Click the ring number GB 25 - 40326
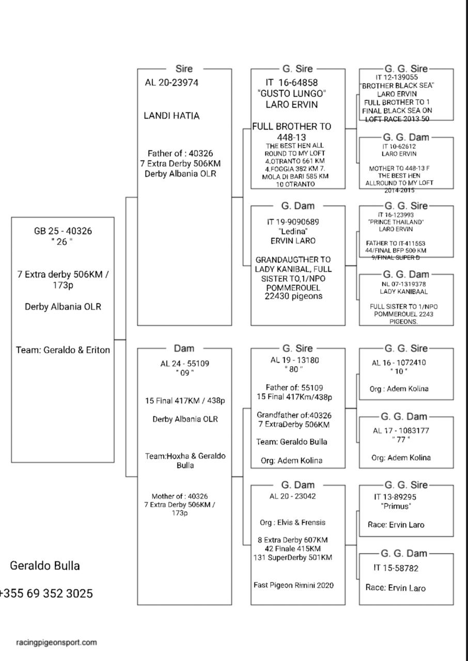point(63,231)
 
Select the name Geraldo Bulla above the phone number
point(45,565)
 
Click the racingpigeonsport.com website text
point(56,642)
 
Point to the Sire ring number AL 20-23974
point(171,83)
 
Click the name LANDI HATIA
point(171,116)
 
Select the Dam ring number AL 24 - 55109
point(184,364)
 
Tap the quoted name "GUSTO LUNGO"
point(292,93)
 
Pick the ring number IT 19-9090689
point(293,222)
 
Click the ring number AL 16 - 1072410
point(399,363)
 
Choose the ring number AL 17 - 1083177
point(401,430)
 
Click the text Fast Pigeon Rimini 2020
point(293,585)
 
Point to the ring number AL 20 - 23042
point(293,496)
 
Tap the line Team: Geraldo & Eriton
point(63,350)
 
